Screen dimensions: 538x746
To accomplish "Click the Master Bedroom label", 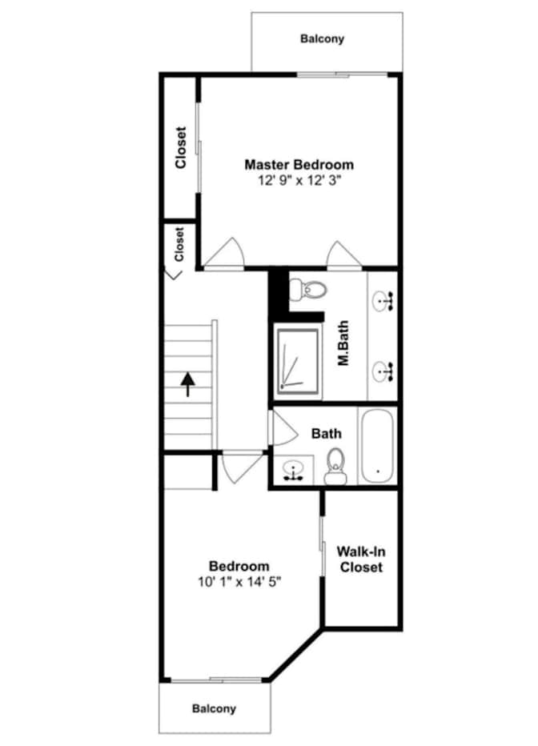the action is pyautogui.click(x=299, y=165).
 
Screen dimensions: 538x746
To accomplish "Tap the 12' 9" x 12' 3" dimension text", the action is pyautogui.click(x=299, y=180).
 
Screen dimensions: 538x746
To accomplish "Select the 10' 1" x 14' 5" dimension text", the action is pyautogui.click(x=239, y=581).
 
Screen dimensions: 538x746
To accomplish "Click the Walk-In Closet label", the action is pyautogui.click(x=361, y=559).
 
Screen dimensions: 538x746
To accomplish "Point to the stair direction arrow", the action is pyautogui.click(x=188, y=384).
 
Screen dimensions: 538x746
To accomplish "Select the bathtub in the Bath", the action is pyautogui.click(x=377, y=447).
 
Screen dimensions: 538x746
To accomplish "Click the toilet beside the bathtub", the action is pyautogui.click(x=335, y=466).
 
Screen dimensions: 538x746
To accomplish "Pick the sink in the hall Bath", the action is pyautogui.click(x=293, y=470).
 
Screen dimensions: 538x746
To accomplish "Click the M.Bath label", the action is pyautogui.click(x=343, y=343).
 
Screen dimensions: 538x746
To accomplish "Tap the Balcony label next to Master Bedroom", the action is pyautogui.click(x=322, y=38).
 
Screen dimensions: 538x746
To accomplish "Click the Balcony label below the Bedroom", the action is pyautogui.click(x=214, y=708).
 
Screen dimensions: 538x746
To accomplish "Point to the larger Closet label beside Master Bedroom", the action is pyautogui.click(x=180, y=147).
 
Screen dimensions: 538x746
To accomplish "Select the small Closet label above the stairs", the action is pyautogui.click(x=179, y=244).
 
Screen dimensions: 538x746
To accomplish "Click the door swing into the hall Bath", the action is pyautogui.click(x=283, y=427).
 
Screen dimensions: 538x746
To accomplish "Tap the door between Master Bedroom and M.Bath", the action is pyautogui.click(x=343, y=256).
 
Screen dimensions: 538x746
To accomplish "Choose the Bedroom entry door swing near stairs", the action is pyautogui.click(x=242, y=468).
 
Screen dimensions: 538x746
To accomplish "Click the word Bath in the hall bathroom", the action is pyautogui.click(x=327, y=433).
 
